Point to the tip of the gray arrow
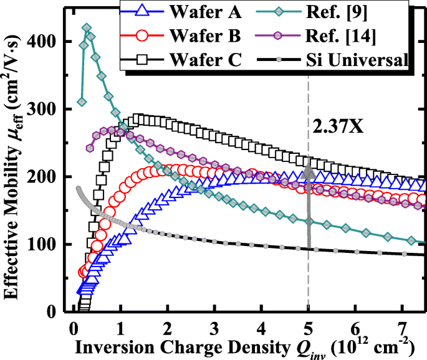tap(309, 161)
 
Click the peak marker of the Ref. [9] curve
tap(87, 28)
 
